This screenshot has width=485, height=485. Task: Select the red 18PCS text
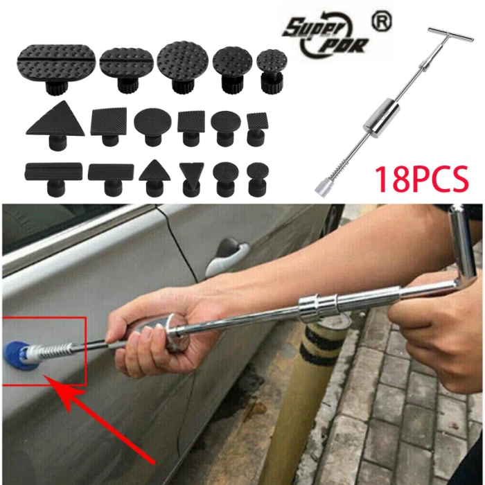coord(421,179)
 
